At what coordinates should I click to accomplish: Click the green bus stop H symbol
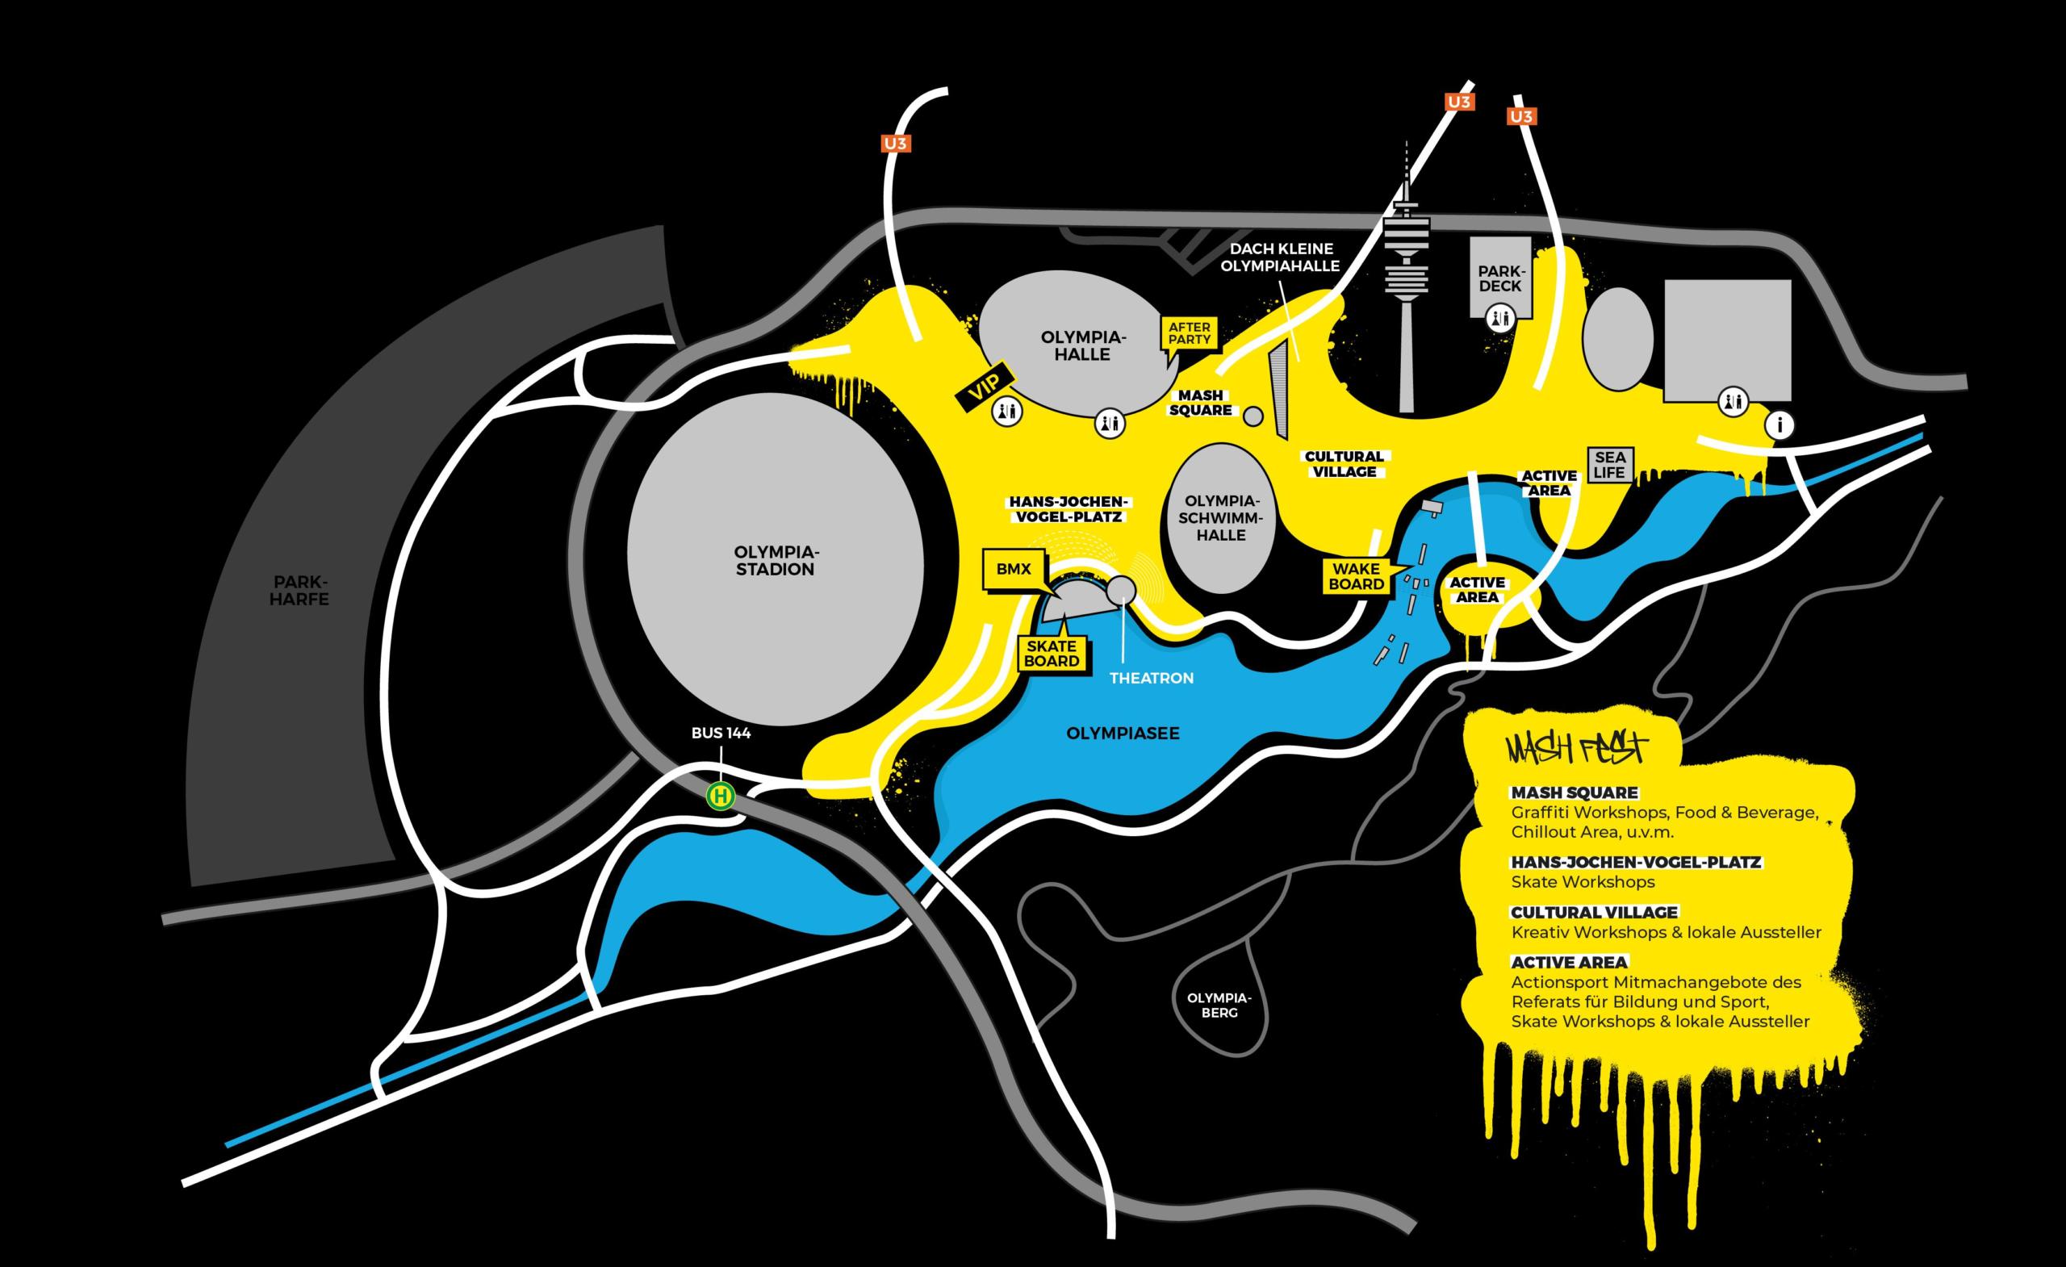tap(721, 796)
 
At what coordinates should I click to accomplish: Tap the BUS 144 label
tap(721, 734)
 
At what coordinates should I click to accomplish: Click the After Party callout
tap(1189, 333)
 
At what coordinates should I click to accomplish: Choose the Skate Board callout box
tap(1052, 653)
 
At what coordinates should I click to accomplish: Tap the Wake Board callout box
tap(1356, 576)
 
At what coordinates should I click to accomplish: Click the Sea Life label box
tap(1610, 465)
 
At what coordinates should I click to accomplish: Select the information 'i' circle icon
tap(1780, 425)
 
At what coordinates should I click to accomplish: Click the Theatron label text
tap(1151, 679)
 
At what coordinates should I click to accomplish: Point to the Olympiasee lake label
tap(1123, 734)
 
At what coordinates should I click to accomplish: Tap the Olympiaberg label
tap(1219, 1006)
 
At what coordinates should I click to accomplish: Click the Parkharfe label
tap(299, 590)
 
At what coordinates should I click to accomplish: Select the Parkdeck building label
tap(1500, 278)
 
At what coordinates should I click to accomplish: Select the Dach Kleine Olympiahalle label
tap(1279, 257)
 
